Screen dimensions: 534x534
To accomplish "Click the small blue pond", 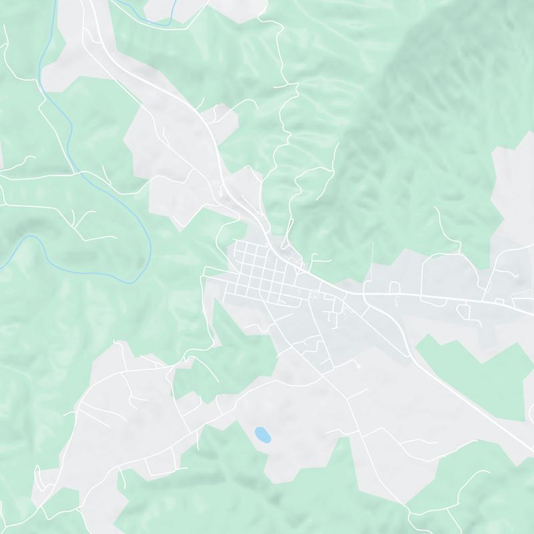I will pyautogui.click(x=262, y=435).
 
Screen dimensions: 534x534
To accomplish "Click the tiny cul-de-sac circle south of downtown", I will pyautogui.click(x=358, y=366).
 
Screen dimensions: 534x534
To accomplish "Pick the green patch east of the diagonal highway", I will pyautogui.click(x=467, y=374).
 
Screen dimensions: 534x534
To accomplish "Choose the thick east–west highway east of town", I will pyautogui.click(x=441, y=296).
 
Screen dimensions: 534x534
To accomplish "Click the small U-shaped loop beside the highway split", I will pyautogui.click(x=393, y=288).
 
